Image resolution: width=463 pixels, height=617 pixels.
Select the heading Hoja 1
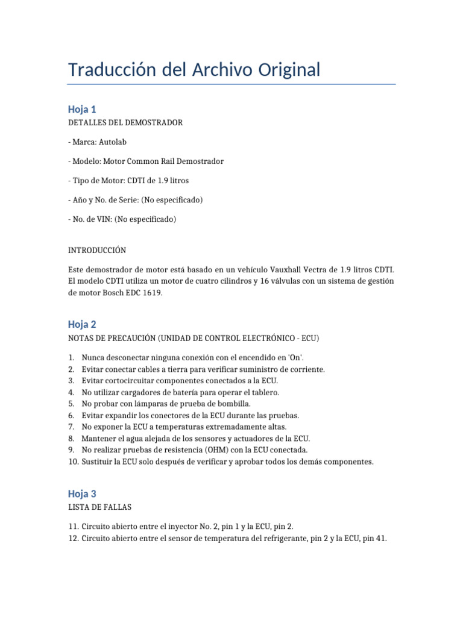point(82,109)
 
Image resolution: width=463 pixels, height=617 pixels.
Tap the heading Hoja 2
point(82,324)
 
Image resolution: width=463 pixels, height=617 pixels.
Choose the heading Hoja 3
point(82,493)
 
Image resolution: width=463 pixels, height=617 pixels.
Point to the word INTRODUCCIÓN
point(97,250)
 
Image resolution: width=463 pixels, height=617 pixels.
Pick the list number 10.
point(73,462)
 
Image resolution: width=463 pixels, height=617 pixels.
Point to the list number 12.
point(73,539)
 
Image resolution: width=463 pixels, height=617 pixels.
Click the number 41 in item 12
point(380,539)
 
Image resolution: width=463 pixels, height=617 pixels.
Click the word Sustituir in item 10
point(99,462)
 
